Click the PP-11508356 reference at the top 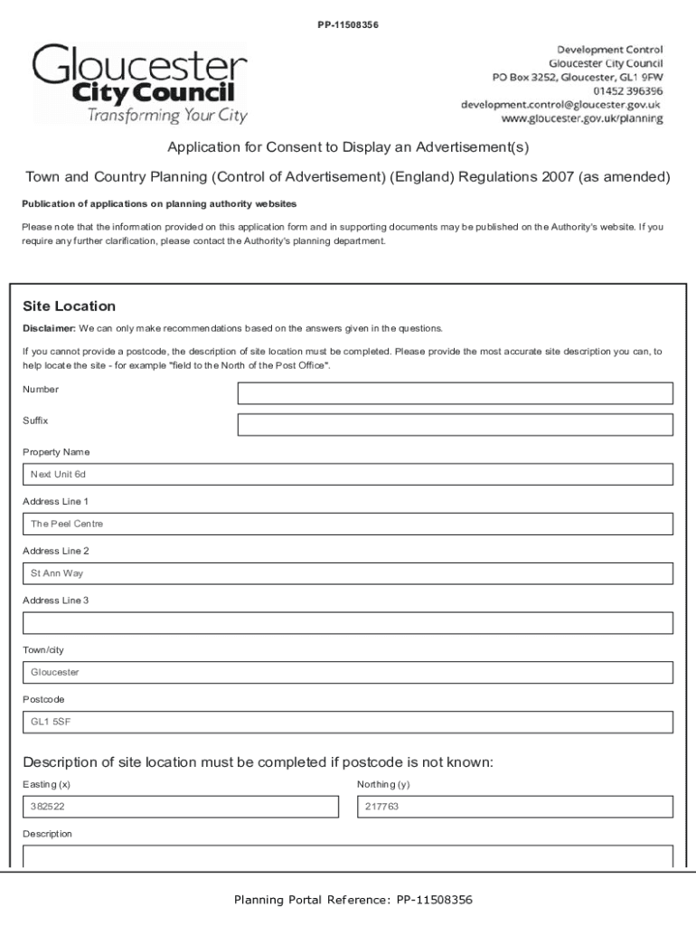click(x=347, y=24)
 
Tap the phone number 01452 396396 click(x=627, y=90)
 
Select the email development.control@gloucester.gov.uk click(x=561, y=105)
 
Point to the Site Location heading click(x=69, y=307)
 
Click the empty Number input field click(x=455, y=393)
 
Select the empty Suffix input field click(x=455, y=425)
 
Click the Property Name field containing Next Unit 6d click(x=347, y=475)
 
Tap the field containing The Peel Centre click(x=347, y=524)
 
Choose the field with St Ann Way click(x=347, y=574)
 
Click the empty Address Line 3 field click(x=347, y=623)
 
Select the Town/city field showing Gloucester click(x=347, y=673)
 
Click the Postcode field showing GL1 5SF click(x=347, y=723)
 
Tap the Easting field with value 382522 click(x=180, y=807)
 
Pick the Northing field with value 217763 click(x=515, y=807)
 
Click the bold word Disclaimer click(x=49, y=328)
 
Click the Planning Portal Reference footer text click(x=353, y=900)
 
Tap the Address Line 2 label click(x=55, y=551)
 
